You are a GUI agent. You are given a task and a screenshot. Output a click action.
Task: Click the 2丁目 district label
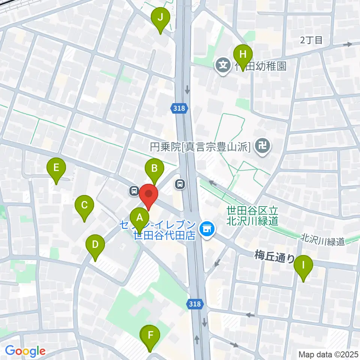coord(311,40)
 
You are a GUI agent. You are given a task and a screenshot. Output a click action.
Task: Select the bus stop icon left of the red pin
coord(134,191)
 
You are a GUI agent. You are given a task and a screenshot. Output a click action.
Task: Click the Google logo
coord(25,351)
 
